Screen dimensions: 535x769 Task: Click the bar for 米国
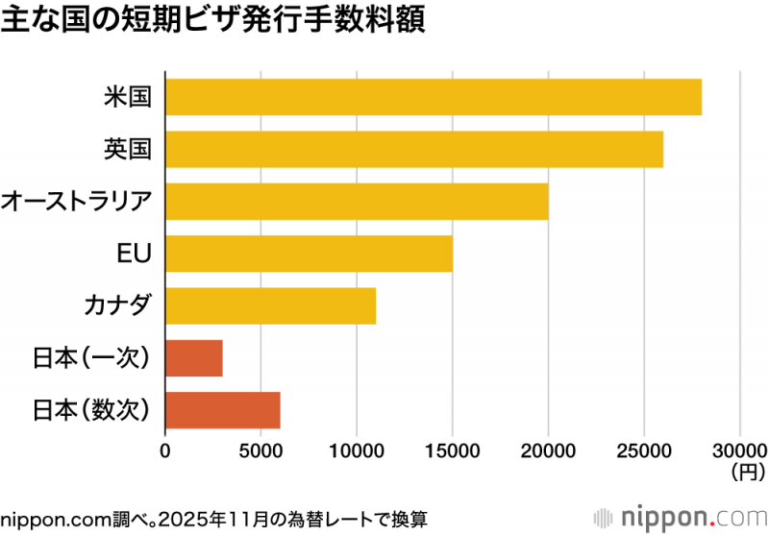point(434,98)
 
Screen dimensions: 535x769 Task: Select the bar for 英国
point(414,149)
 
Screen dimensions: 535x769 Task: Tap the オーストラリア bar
point(357,202)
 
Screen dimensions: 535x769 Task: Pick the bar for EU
point(309,254)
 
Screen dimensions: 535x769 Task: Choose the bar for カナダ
point(270,305)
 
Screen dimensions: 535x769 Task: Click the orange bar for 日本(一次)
point(194,357)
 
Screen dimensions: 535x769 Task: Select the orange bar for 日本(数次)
point(223,409)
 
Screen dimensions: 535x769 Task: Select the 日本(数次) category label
point(92,409)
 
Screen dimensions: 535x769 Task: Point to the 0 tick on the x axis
point(165,450)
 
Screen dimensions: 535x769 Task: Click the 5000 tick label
point(260,450)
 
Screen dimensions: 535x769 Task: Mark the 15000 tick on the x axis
point(453,450)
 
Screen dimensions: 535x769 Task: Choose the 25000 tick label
point(644,450)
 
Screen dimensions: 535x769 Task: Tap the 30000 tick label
point(739,450)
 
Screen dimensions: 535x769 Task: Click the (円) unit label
point(747,472)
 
